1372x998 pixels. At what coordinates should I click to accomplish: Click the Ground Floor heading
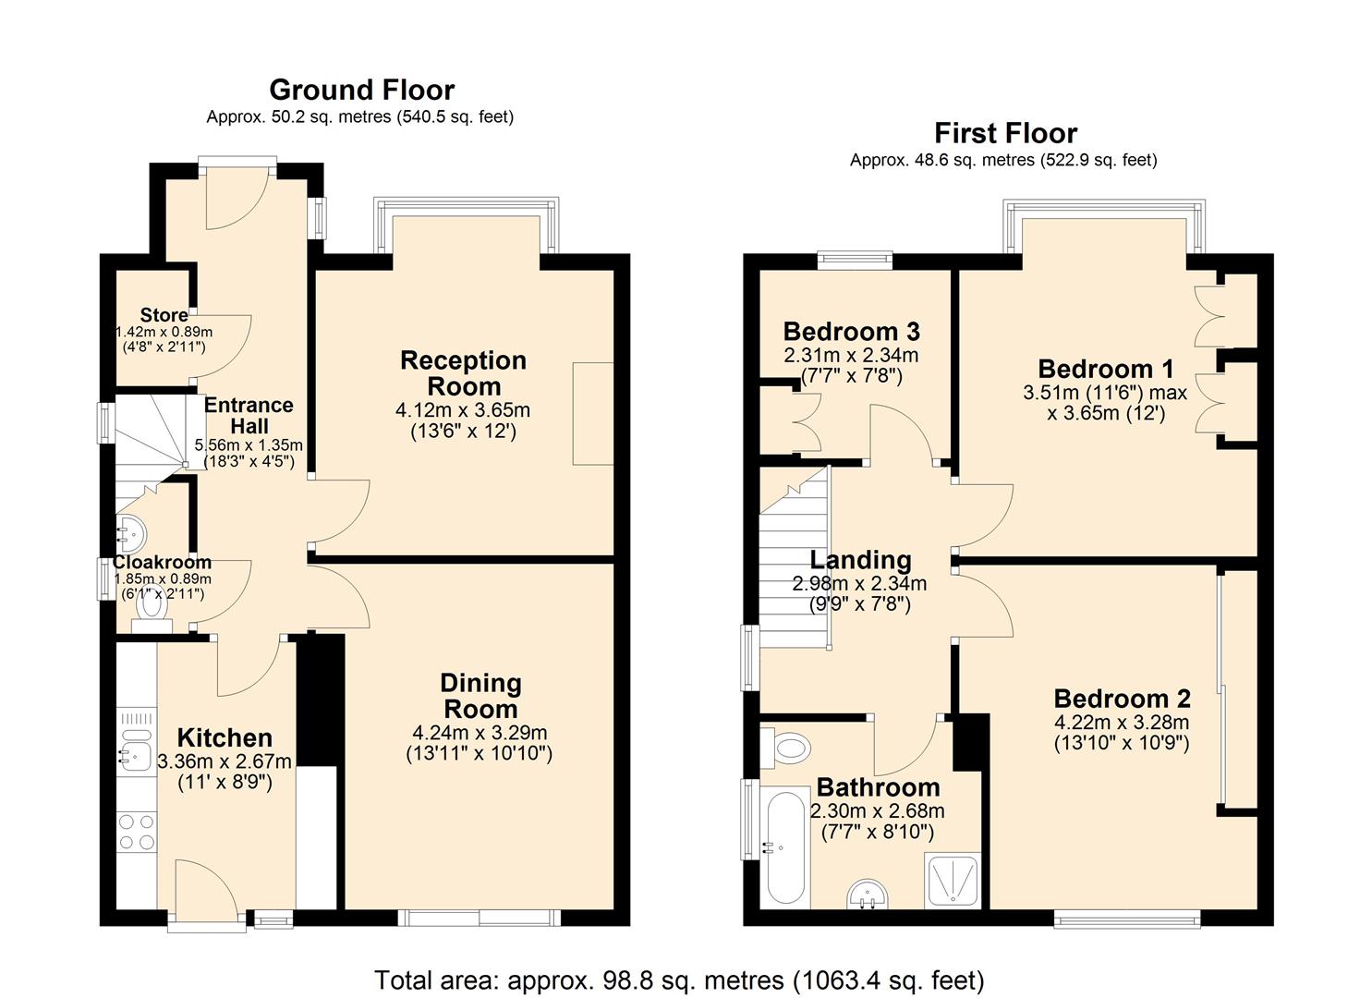coord(361,90)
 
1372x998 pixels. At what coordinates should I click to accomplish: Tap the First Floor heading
coord(1005,133)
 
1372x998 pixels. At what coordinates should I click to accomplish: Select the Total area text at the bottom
coord(679,980)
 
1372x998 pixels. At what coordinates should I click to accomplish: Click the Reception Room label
coord(463,373)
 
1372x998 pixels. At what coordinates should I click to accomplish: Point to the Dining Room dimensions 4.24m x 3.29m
coord(480,733)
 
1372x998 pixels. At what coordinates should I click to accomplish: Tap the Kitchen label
coord(225,737)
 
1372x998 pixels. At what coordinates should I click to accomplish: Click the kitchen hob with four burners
coord(137,831)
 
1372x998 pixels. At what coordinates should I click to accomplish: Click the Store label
coord(164,315)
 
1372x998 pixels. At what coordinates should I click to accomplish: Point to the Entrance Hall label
coord(249,416)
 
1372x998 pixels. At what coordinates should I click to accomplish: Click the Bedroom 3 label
coord(851,331)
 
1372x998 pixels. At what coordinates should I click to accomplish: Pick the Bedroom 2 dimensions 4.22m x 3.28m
coord(1122,723)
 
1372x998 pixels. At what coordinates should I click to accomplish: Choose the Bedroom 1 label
coord(1105,369)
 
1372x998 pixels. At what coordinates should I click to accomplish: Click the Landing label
coord(860,560)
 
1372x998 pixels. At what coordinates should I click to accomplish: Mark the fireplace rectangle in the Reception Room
coord(593,413)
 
